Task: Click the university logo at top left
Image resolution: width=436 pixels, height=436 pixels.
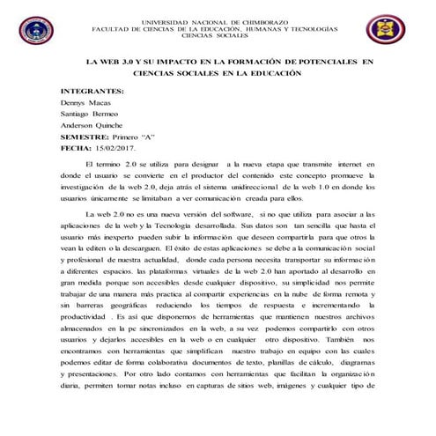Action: point(36,30)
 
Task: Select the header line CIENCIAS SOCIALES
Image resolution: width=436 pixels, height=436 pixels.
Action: point(215,36)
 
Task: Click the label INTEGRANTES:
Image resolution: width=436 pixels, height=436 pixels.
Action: point(92,91)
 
